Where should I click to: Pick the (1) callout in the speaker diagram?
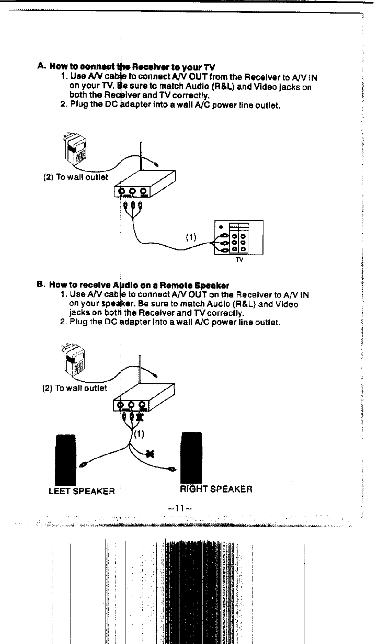point(140,434)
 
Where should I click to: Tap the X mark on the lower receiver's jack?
point(141,417)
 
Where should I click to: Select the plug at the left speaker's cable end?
point(82,466)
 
